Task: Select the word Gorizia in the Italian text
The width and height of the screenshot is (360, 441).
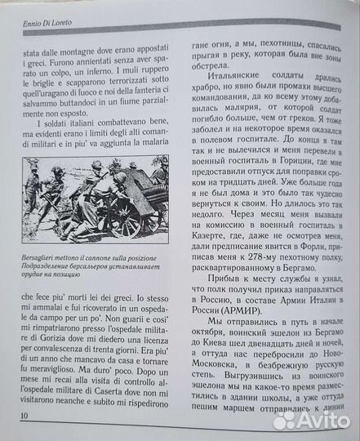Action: [33, 331]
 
